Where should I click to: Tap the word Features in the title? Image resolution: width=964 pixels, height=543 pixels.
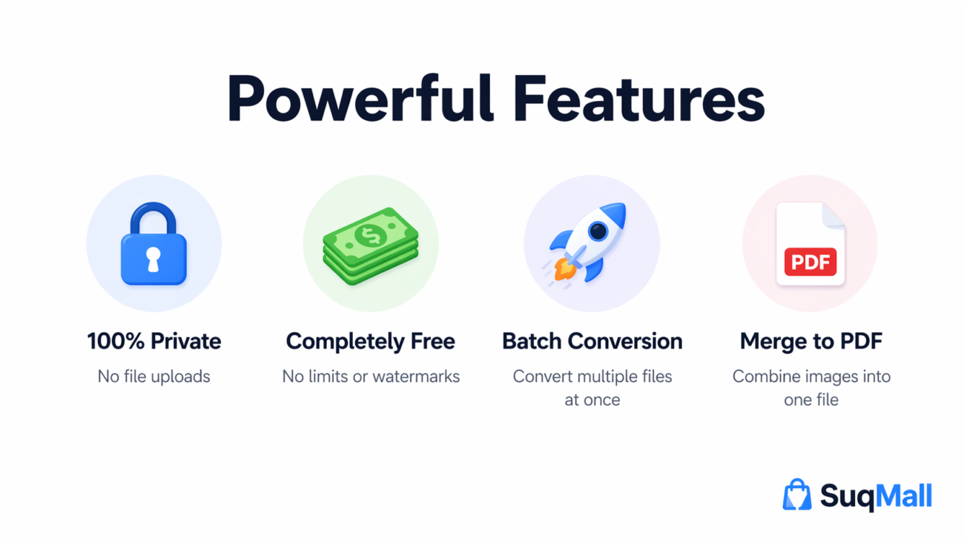[x=638, y=99]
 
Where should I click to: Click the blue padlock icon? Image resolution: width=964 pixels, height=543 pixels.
[x=153, y=245]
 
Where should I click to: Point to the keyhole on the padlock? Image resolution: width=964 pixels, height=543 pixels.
[x=153, y=258]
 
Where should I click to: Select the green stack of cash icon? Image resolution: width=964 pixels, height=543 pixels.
[x=371, y=245]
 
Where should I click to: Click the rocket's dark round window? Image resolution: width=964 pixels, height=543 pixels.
[x=598, y=231]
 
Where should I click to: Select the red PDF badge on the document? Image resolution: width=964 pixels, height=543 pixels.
[x=810, y=262]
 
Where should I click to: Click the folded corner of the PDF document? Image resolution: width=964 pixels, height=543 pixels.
[x=833, y=214]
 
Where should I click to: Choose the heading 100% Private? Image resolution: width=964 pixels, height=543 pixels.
[x=154, y=341]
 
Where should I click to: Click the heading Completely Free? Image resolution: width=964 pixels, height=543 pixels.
[x=371, y=341]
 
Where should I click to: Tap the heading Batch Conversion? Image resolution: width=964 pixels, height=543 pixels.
[x=592, y=341]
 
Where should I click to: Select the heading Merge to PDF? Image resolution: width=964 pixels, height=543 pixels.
[x=811, y=341]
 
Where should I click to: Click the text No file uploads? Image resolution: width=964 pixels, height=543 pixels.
[x=154, y=377]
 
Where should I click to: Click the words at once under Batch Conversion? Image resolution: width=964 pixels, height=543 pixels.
[x=592, y=400]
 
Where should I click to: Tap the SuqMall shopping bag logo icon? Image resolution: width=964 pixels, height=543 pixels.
[x=797, y=495]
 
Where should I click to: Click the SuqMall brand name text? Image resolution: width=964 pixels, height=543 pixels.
[x=876, y=496]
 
